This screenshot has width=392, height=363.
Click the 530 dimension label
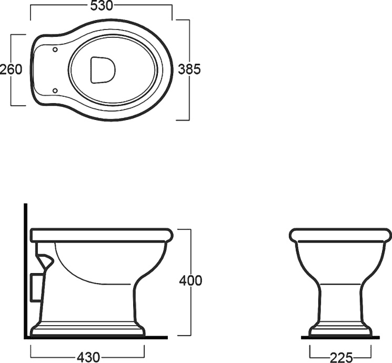(102, 6)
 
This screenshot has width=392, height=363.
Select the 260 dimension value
(11, 69)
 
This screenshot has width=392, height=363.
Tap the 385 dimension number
(189, 69)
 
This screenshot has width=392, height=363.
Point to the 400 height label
(190, 280)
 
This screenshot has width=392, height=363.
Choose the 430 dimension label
(88, 357)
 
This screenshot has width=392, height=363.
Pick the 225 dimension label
(341, 358)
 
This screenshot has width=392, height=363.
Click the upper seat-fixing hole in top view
(55, 49)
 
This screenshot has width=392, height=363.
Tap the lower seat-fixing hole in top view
(55, 90)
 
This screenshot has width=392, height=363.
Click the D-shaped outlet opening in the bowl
(103, 70)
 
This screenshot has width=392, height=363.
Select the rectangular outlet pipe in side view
(36, 287)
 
